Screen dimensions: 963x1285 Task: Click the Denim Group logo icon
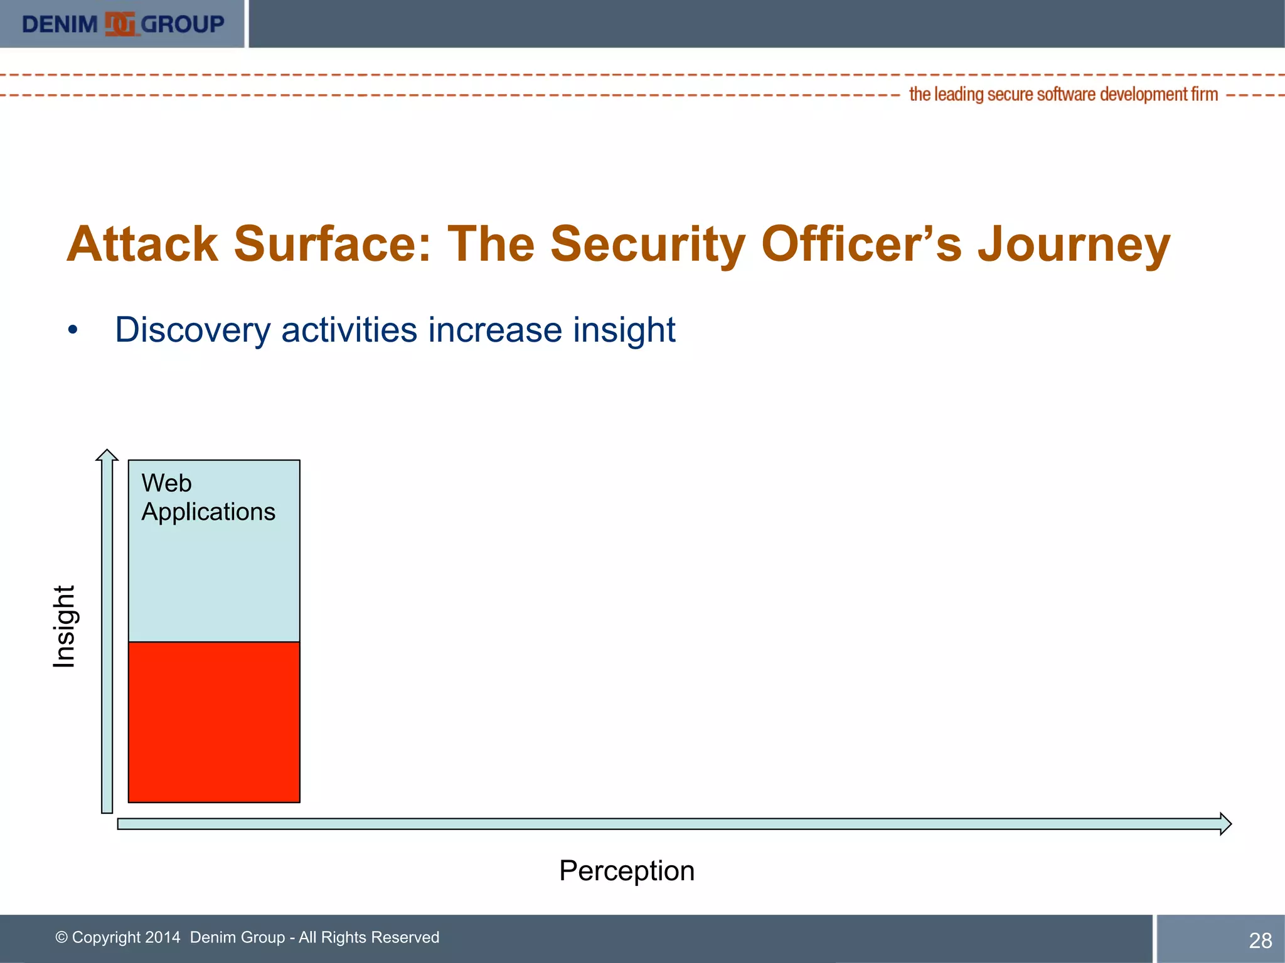click(120, 24)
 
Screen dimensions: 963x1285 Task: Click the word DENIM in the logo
click(60, 24)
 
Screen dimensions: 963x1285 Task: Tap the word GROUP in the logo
click(183, 24)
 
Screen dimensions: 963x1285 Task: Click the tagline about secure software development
click(1063, 94)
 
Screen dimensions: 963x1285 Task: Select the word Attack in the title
click(142, 245)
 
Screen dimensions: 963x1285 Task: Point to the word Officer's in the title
click(861, 245)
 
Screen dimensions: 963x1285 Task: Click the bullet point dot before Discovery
click(73, 330)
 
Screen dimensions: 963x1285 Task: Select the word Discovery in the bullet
click(193, 330)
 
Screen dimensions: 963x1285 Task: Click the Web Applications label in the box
click(208, 498)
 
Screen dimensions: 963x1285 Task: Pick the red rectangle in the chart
click(214, 722)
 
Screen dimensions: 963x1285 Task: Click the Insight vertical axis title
click(64, 626)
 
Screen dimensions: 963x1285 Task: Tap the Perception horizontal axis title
click(627, 871)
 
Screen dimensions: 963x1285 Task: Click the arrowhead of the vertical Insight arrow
click(107, 455)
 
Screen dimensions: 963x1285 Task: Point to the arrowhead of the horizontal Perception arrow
click(1225, 824)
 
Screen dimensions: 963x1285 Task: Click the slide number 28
click(1260, 940)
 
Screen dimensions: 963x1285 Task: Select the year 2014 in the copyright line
click(163, 937)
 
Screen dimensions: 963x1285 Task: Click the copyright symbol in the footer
click(61, 937)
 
